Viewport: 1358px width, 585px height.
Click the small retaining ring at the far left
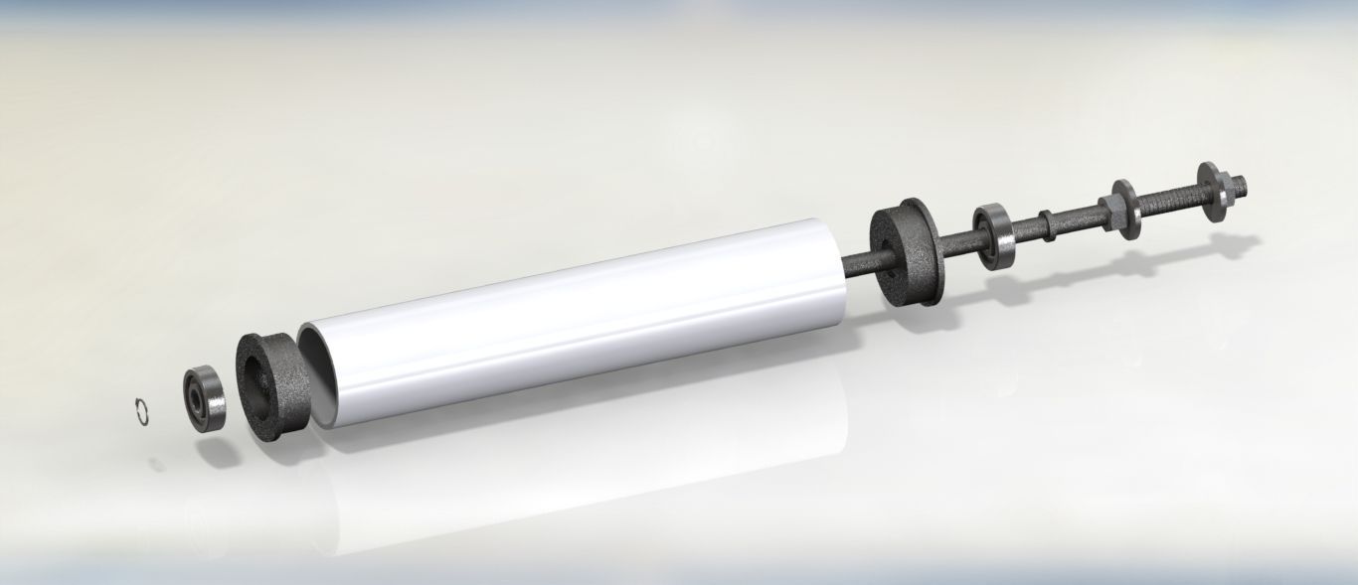click(x=141, y=412)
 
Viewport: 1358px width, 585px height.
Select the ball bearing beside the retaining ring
click(x=205, y=399)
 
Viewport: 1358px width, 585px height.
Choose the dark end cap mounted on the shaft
click(x=905, y=252)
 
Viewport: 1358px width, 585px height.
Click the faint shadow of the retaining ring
click(x=157, y=462)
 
